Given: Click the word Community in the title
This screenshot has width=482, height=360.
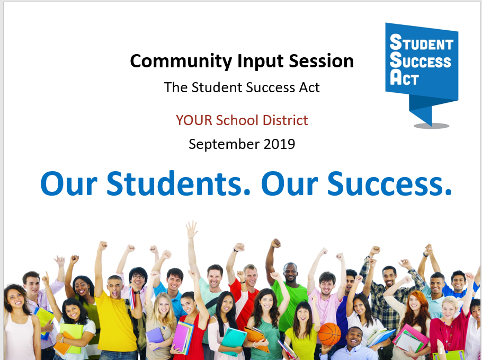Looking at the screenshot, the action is (181, 61).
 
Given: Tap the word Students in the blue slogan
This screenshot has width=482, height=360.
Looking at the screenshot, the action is (178, 183).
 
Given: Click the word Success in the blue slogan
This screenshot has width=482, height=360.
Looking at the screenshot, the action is (389, 183).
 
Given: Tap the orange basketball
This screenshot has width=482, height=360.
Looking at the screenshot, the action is (329, 334).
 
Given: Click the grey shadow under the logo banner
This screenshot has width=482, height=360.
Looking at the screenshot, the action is (431, 126).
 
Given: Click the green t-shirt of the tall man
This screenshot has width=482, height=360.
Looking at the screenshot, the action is (290, 308).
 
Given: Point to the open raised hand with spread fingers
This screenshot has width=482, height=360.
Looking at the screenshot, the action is (192, 229).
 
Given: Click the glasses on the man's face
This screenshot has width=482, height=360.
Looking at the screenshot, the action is (138, 277).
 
